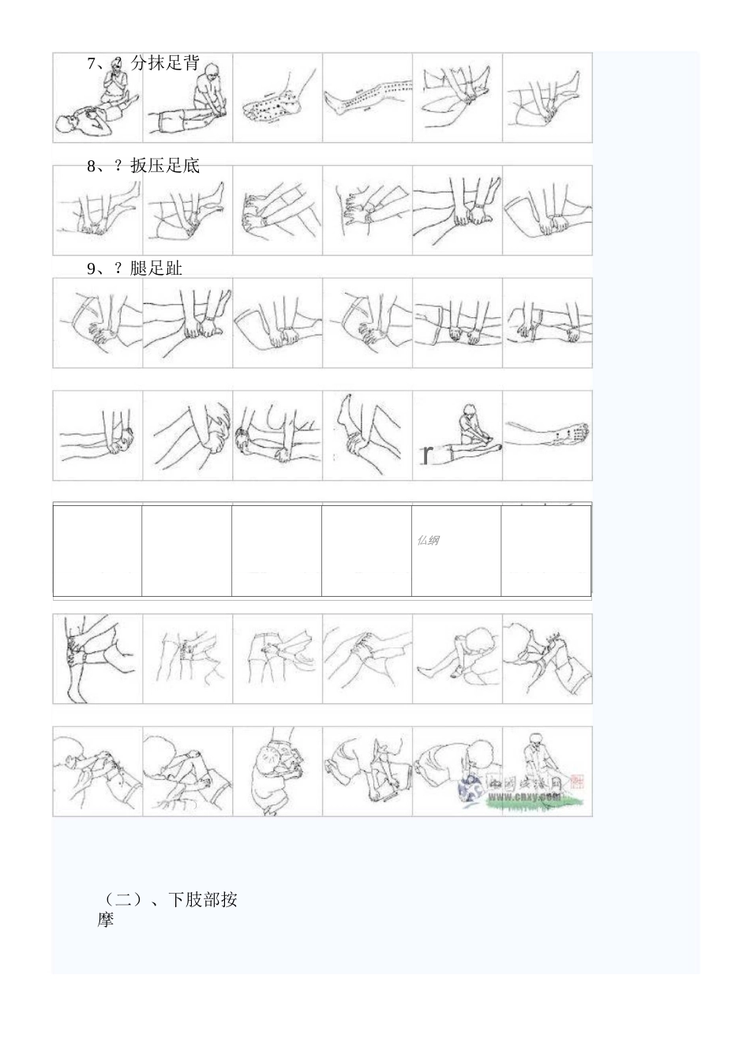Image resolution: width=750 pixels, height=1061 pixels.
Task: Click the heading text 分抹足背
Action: (165, 64)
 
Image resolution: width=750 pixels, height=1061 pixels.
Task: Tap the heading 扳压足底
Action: (165, 166)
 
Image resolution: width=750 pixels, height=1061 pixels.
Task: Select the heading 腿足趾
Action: (156, 268)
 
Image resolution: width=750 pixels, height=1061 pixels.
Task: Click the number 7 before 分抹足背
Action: (92, 64)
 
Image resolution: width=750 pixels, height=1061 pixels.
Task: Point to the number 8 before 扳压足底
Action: (92, 166)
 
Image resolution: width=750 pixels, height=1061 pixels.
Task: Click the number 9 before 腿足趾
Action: (92, 268)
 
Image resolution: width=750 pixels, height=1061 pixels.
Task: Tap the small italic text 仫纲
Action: (428, 541)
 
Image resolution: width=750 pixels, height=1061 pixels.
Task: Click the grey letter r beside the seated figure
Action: (426, 454)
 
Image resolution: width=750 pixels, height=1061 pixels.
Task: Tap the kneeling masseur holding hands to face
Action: (115, 83)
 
